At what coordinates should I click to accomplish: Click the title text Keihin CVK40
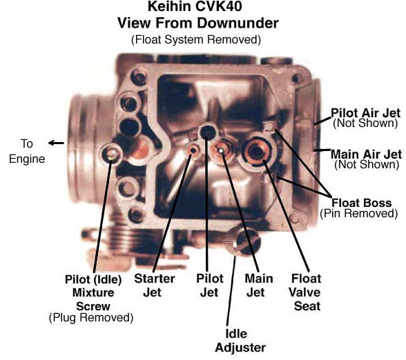195,6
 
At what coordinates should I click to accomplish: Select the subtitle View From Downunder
198,23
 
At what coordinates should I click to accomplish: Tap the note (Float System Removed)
196,39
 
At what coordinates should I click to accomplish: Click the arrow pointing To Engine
56,143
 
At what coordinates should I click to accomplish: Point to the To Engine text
27,151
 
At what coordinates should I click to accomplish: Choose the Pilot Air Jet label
366,113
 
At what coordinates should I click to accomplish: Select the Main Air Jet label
367,154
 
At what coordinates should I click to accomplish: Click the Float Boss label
362,203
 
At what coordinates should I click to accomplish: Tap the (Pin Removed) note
358,214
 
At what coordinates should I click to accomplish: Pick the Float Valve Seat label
304,292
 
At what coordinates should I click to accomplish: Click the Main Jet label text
259,286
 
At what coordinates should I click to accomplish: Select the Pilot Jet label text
209,286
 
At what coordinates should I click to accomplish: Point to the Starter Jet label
155,286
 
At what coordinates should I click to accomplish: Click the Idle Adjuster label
240,341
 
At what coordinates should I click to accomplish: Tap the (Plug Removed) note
91,317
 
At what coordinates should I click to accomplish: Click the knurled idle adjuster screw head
242,242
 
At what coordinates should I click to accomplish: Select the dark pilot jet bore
207,131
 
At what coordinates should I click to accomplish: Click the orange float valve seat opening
255,152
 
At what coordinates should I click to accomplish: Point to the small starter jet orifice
193,150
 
